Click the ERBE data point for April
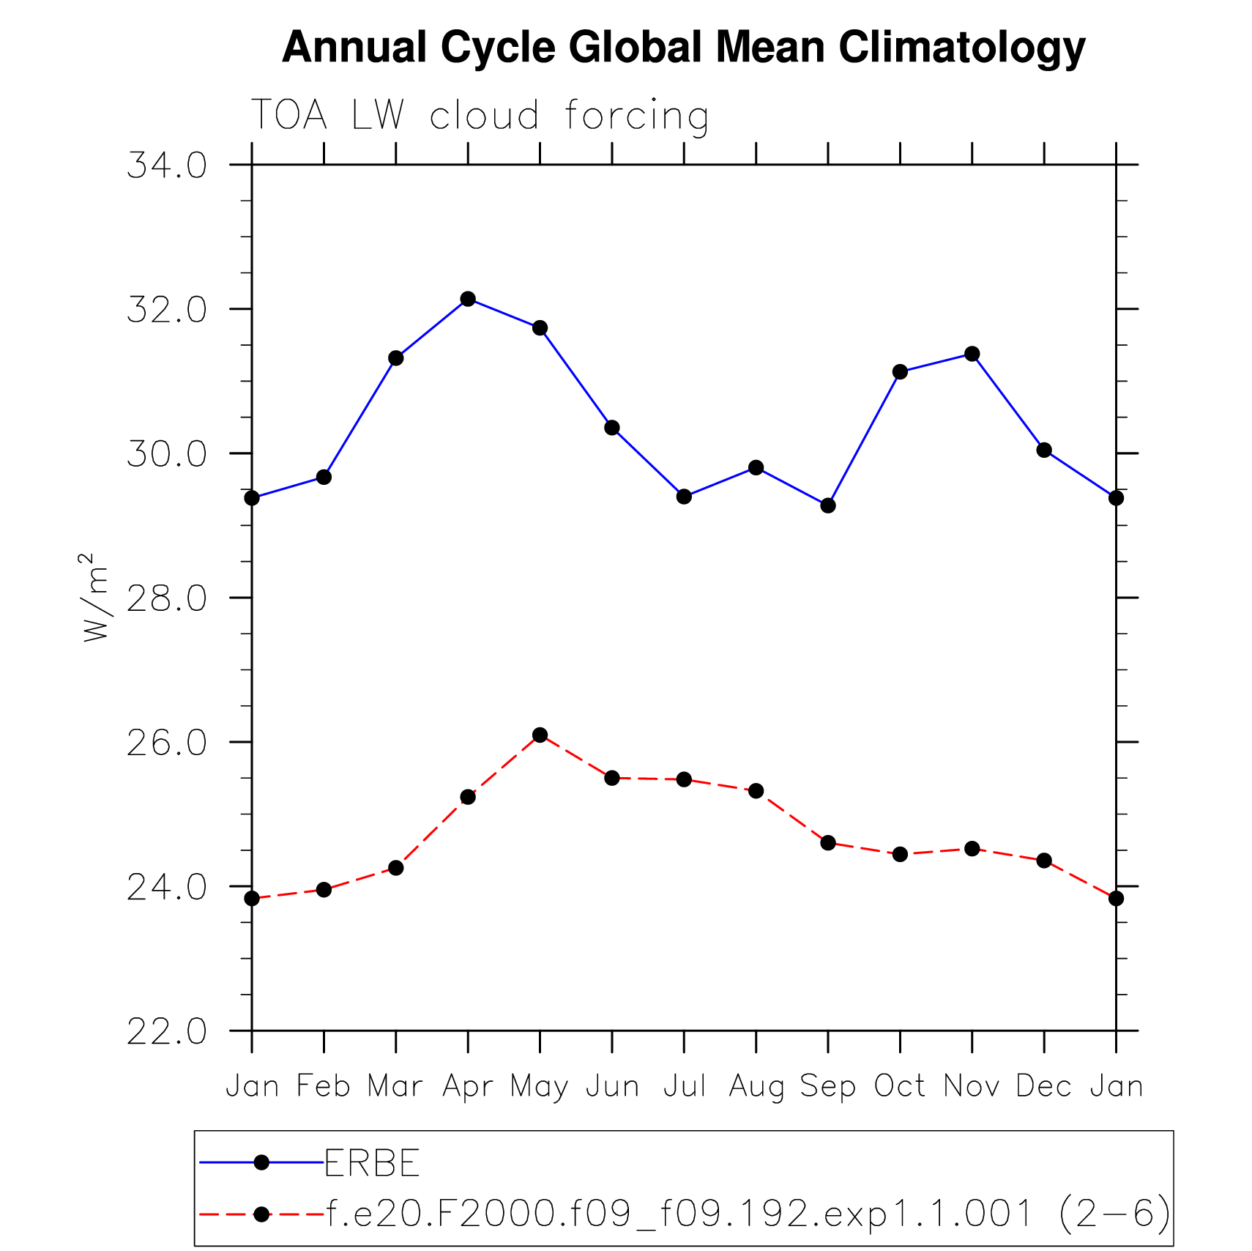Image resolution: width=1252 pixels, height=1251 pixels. [x=468, y=299]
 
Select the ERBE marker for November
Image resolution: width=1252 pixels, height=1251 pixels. [x=972, y=354]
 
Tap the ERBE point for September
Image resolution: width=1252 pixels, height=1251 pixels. [x=828, y=505]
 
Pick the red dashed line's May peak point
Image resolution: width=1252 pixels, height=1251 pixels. [x=540, y=735]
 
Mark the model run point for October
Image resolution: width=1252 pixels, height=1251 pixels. [x=900, y=854]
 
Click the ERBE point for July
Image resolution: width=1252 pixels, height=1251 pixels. [x=684, y=497]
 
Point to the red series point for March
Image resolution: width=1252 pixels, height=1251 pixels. [x=396, y=868]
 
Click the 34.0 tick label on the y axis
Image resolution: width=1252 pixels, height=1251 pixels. [x=167, y=166]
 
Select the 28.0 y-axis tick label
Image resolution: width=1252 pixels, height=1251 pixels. [x=167, y=599]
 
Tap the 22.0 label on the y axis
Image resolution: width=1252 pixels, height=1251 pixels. [x=167, y=1032]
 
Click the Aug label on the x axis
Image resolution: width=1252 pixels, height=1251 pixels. [x=756, y=1086]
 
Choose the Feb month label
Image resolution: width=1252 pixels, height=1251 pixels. [x=324, y=1085]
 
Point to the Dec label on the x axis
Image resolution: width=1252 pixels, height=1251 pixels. [x=1044, y=1085]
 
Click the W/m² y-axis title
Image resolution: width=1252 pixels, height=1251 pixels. [x=95, y=598]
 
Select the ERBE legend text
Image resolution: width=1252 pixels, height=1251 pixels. [x=372, y=1163]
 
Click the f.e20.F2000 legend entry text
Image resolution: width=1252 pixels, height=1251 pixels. [x=748, y=1214]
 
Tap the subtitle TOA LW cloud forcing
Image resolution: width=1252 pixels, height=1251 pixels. [x=480, y=116]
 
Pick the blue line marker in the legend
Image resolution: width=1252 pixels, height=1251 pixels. [x=261, y=1162]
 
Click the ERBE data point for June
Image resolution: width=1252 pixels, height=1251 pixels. [x=612, y=428]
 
